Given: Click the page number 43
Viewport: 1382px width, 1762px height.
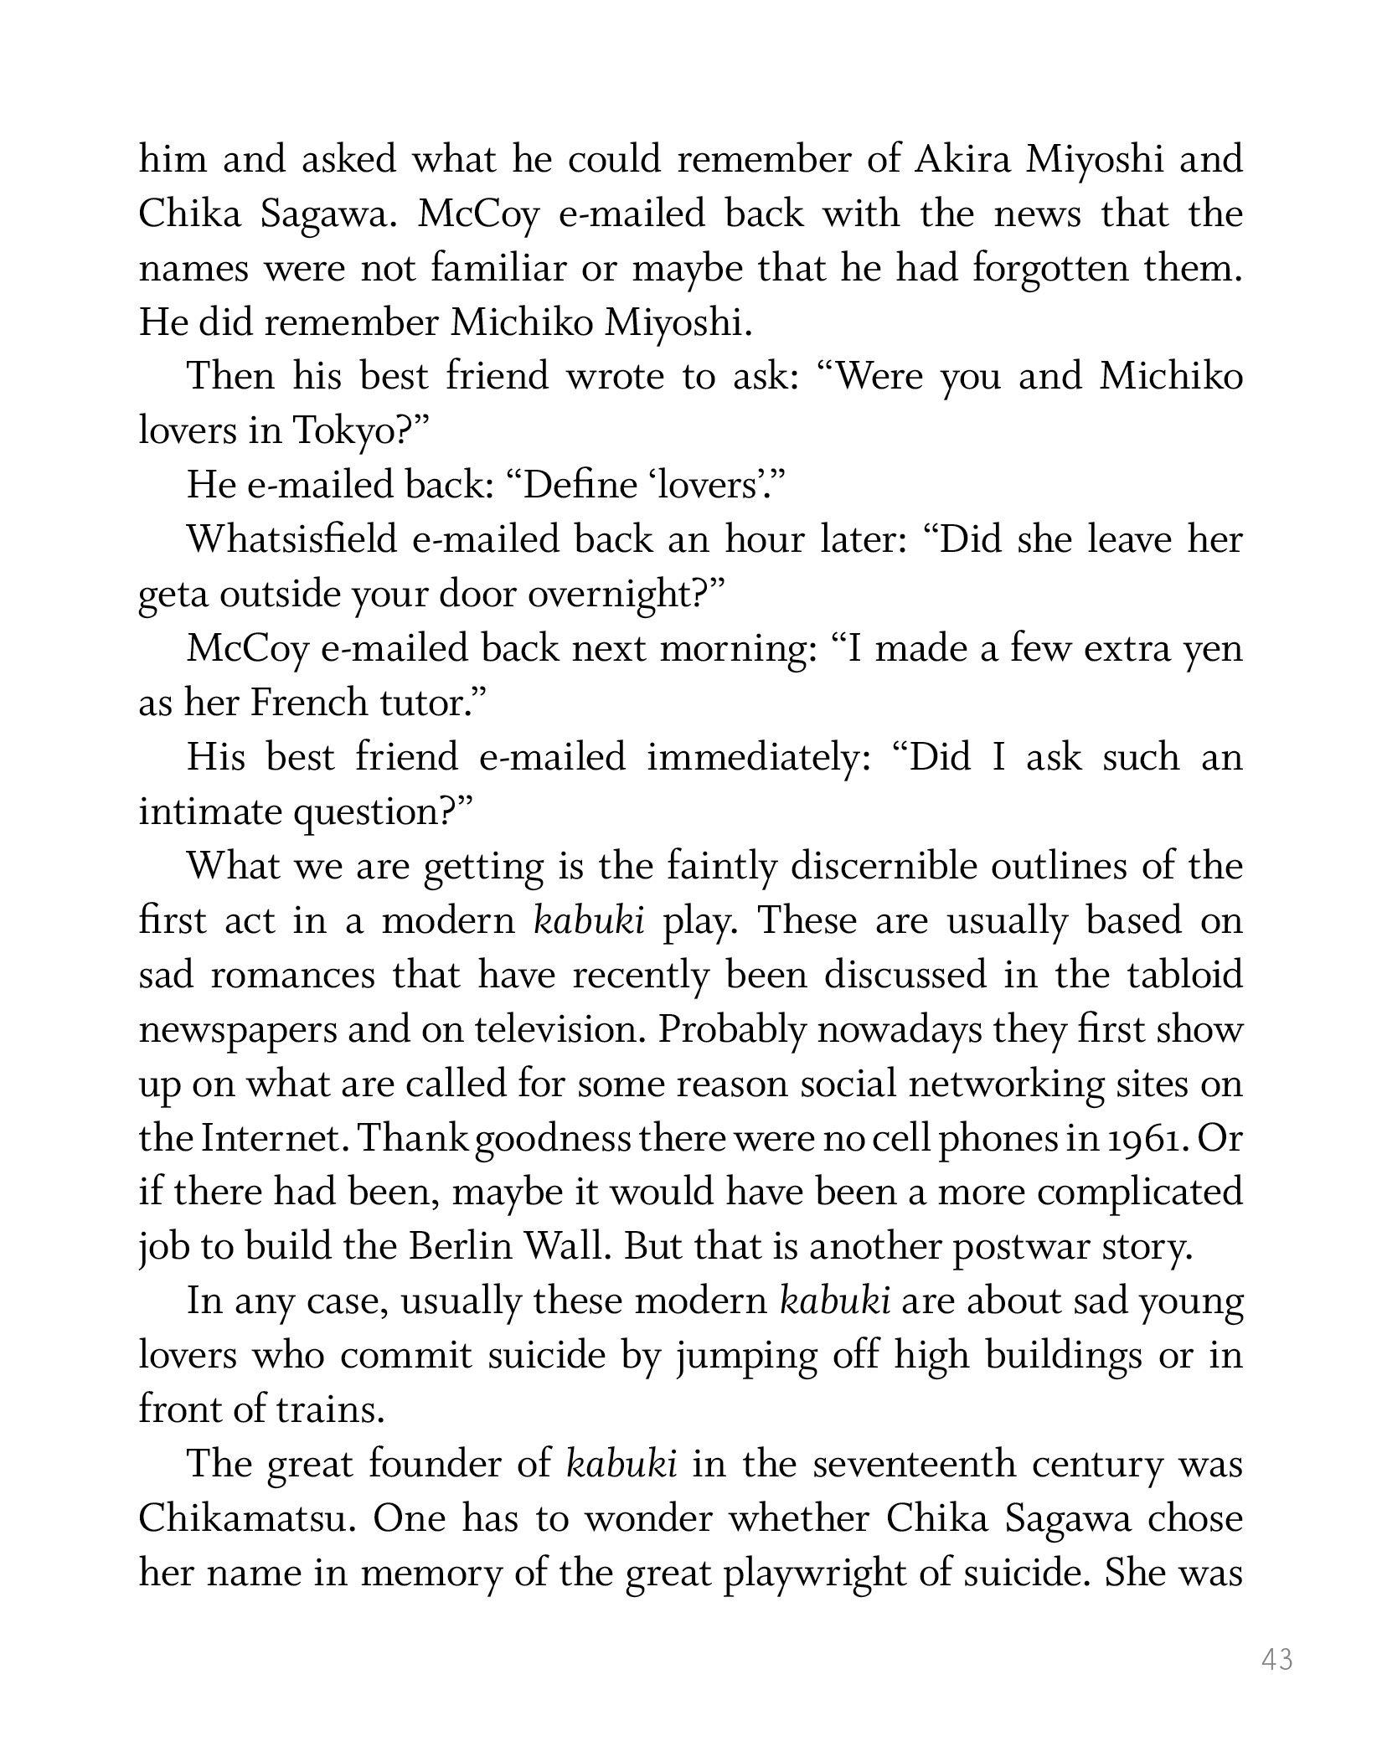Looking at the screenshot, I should click(x=1276, y=1659).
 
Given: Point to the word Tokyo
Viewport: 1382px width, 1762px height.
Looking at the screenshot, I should click(x=340, y=431).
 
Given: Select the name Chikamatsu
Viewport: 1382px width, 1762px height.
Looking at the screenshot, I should click(x=242, y=1518).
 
